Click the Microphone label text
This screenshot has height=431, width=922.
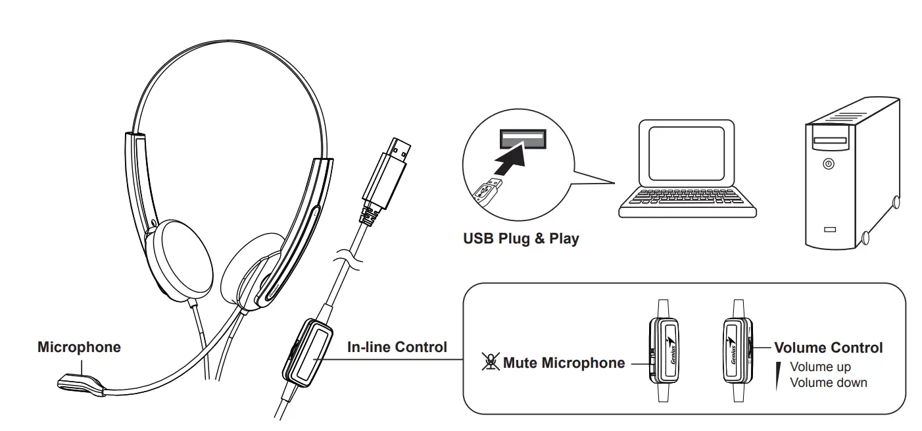tap(79, 347)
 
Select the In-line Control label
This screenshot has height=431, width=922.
tap(397, 347)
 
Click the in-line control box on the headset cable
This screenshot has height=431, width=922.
tap(308, 353)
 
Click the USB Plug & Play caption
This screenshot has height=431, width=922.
tap(521, 238)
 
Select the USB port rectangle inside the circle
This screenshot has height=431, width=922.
tap(523, 138)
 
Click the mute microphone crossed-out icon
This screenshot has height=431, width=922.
tap(490, 362)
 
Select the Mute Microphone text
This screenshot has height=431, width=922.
tap(564, 363)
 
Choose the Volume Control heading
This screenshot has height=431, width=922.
tap(828, 347)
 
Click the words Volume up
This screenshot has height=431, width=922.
tap(820, 367)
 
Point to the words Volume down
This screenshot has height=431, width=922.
tap(828, 382)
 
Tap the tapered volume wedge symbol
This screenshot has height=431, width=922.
tap(778, 375)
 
